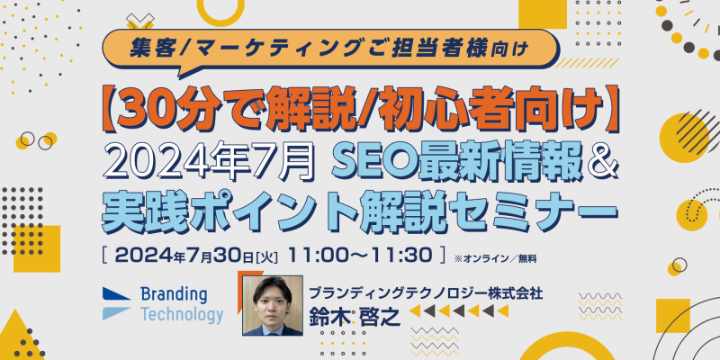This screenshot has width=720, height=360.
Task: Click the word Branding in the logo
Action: (x=174, y=295)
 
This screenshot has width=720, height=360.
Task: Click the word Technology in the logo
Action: (x=182, y=315)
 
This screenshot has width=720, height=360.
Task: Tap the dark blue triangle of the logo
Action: (x=116, y=294)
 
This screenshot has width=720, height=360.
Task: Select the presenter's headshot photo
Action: (x=273, y=305)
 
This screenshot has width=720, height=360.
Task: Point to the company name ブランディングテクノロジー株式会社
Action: (x=426, y=293)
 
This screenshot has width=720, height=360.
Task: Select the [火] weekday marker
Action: (x=266, y=256)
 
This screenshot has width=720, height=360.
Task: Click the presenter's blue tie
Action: (x=273, y=331)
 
